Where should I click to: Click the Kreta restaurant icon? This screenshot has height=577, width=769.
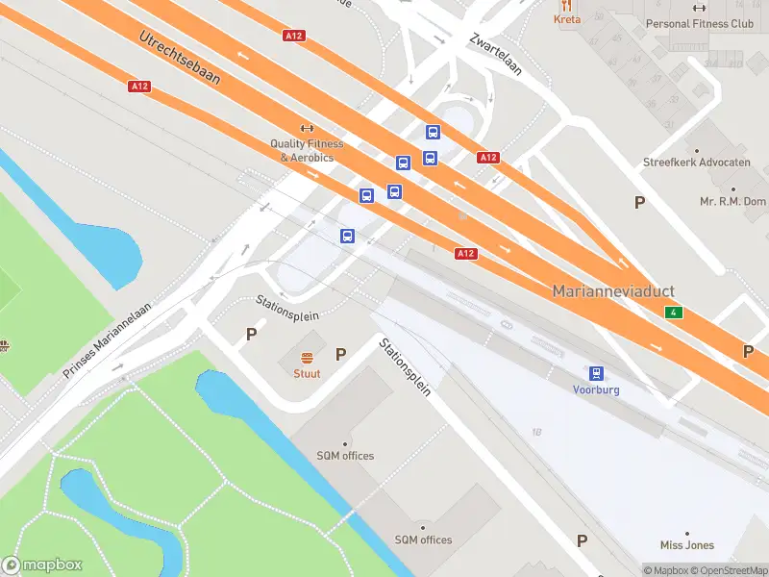click(x=567, y=5)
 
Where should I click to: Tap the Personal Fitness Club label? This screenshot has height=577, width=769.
click(x=700, y=23)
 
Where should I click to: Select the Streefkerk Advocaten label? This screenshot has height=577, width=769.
click(x=696, y=163)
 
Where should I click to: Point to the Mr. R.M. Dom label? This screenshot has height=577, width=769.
click(x=732, y=201)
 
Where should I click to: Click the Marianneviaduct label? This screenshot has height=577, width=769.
click(x=613, y=290)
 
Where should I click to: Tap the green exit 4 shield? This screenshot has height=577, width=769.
click(x=675, y=314)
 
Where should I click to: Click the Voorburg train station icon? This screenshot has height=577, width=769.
click(x=597, y=373)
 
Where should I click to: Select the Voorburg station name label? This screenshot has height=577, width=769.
click(x=596, y=390)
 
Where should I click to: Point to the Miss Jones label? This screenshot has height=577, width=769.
click(x=687, y=545)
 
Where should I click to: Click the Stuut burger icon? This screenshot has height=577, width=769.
click(x=308, y=358)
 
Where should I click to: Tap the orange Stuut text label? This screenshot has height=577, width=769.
click(x=308, y=373)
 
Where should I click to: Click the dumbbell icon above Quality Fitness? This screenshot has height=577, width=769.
click(x=308, y=128)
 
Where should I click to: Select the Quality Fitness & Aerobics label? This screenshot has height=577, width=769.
click(x=307, y=150)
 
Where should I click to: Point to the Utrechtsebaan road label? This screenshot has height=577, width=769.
click(x=180, y=58)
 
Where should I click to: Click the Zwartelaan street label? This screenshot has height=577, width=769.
click(x=495, y=55)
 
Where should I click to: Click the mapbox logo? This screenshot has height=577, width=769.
click(x=42, y=565)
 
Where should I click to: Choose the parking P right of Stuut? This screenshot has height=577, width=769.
click(x=340, y=355)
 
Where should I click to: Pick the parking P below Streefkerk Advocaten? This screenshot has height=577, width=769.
click(x=639, y=202)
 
